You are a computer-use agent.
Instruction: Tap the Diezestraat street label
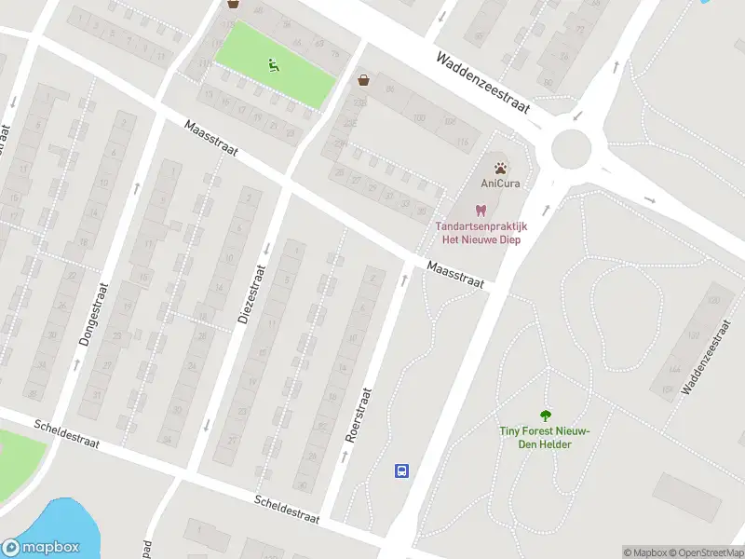252,294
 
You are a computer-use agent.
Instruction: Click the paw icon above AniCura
501,169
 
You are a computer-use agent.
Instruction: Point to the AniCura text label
501,184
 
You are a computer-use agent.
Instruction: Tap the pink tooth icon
481,211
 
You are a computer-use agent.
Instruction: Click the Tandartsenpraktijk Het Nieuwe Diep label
481,233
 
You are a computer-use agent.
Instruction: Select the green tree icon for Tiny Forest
546,416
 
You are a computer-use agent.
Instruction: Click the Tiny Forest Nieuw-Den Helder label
546,436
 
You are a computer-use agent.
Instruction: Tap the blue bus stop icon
401,470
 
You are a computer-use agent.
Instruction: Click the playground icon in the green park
274,64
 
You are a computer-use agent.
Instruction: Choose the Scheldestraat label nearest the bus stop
288,509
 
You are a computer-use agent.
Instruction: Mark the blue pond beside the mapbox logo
56,522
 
